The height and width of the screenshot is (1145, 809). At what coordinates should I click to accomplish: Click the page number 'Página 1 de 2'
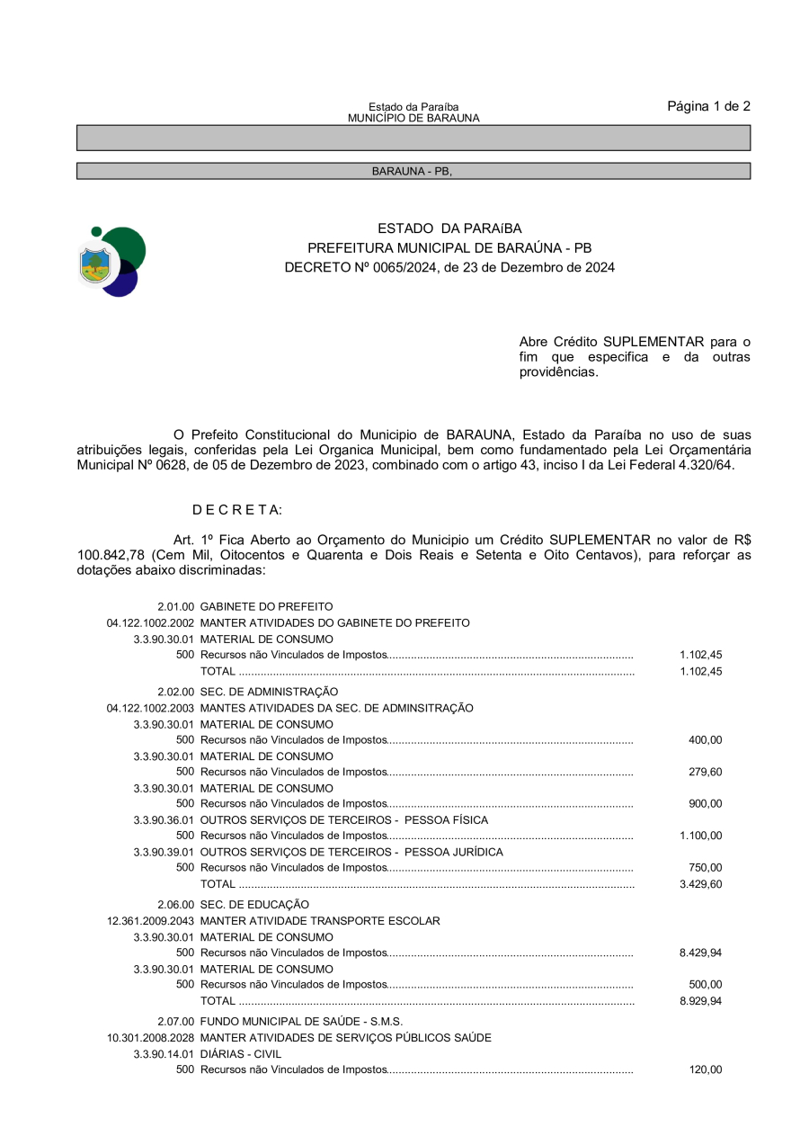708,106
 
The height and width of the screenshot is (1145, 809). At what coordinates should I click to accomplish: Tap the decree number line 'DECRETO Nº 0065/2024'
449,267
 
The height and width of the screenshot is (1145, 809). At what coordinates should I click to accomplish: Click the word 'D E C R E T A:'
237,510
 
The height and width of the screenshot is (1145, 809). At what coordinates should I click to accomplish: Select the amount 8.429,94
700,953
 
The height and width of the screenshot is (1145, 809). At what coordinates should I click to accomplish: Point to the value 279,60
705,772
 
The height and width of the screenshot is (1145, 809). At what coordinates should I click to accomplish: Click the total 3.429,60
700,884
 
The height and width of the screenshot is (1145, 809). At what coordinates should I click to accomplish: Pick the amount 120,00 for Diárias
705,1070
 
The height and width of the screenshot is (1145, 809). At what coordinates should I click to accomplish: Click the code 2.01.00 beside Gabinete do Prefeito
175,607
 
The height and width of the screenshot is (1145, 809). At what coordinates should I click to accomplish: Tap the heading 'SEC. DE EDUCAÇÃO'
254,904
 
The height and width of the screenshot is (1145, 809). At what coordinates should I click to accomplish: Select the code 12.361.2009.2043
150,921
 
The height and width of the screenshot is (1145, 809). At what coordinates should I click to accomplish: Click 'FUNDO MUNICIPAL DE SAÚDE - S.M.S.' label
301,1021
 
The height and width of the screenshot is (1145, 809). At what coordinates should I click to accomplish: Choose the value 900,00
705,804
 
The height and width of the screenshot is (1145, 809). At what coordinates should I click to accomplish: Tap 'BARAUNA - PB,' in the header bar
413,171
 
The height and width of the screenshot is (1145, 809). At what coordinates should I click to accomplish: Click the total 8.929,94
700,1001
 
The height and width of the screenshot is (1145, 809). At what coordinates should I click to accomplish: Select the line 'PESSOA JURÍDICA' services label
351,852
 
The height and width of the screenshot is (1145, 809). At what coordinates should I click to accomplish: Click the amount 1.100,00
700,836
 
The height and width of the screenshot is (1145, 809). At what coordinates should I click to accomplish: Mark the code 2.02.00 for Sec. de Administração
175,692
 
